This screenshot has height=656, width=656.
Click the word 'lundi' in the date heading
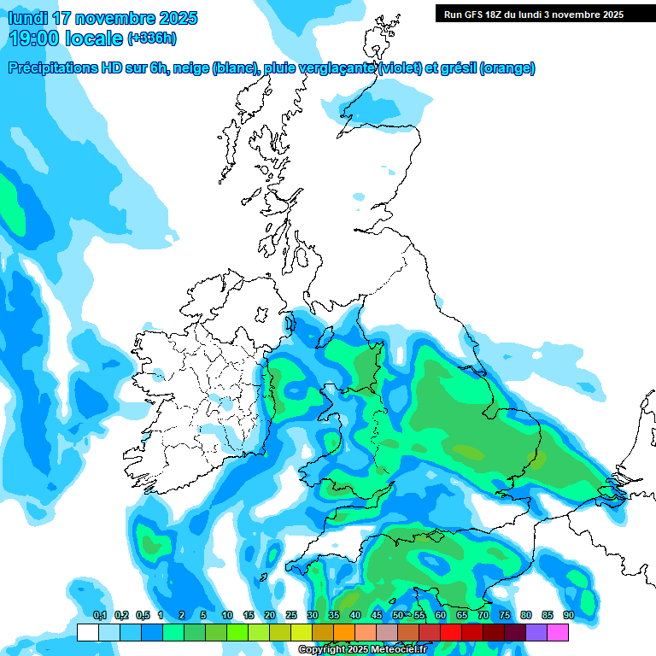28,18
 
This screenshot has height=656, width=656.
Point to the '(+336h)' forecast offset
153,38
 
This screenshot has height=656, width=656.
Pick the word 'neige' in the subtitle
190,68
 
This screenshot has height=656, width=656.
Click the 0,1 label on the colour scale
99,615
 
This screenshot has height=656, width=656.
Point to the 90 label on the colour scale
569,615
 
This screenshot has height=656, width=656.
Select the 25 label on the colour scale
291,615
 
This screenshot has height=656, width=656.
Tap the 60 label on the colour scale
441,615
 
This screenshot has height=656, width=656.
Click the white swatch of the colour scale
87,632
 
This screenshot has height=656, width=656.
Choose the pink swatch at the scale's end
558,632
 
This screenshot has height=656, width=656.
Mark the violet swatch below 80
536,632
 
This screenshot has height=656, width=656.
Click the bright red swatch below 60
451,632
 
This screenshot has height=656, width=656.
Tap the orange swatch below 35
344,632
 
